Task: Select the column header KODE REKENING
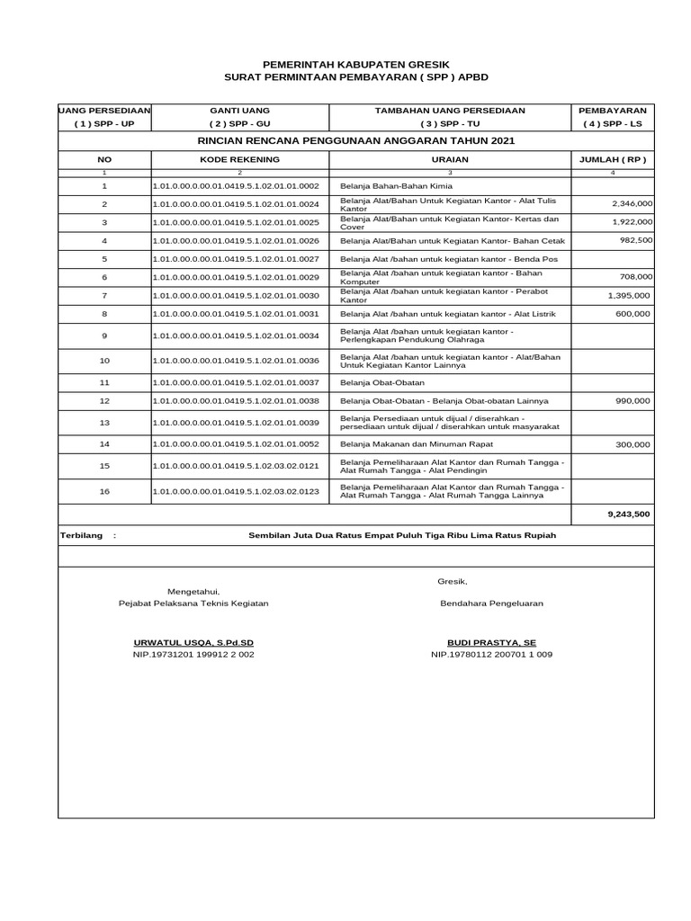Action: point(239,159)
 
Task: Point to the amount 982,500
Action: point(636,240)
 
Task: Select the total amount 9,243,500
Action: point(629,514)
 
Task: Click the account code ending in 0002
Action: point(237,185)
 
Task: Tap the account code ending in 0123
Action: point(237,491)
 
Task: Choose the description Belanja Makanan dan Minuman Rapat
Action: point(417,444)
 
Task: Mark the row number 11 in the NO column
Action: point(104,382)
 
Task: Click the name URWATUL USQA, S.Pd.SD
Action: point(193,643)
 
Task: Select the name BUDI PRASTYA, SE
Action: point(491,643)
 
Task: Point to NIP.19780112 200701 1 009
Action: point(491,655)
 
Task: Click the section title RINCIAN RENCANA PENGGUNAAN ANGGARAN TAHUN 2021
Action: point(356,141)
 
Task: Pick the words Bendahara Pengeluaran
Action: point(491,604)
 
